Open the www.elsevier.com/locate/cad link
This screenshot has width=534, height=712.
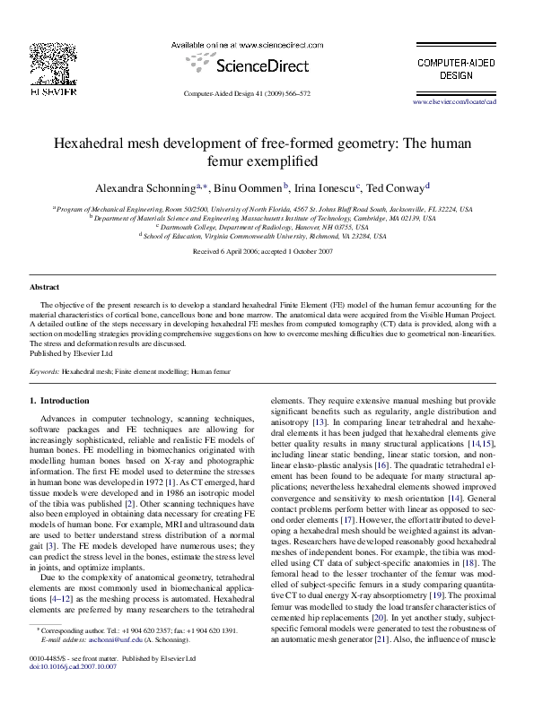[x=467, y=103]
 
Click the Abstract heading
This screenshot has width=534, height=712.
[x=45, y=287]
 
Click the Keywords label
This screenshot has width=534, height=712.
[x=45, y=370]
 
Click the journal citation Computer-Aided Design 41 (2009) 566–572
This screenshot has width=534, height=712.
[x=246, y=93]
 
